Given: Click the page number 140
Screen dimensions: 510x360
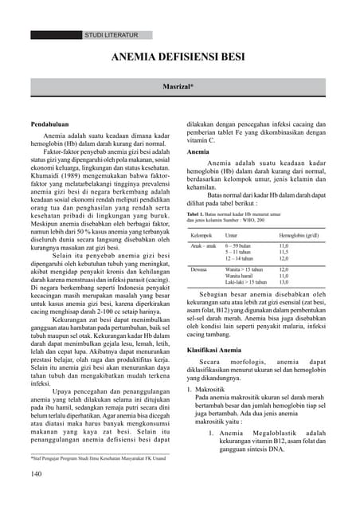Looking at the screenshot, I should (38, 473).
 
